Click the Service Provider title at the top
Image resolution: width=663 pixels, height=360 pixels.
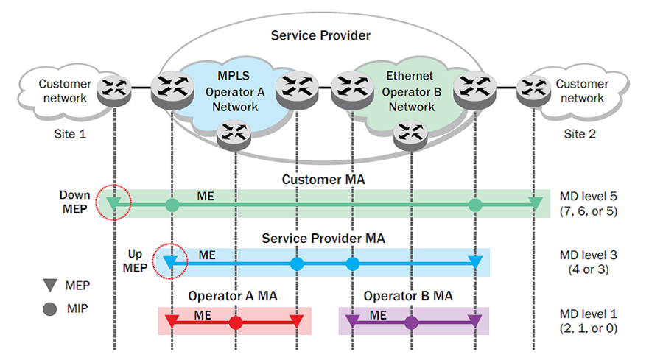[x=320, y=35]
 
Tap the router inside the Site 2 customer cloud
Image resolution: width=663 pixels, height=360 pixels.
[x=533, y=90]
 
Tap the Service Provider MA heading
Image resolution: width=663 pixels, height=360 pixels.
[x=323, y=239]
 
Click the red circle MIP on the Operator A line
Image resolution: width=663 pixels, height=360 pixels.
[x=236, y=322]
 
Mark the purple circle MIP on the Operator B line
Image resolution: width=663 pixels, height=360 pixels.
[x=411, y=322]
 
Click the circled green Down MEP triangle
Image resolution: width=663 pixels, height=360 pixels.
[x=113, y=204]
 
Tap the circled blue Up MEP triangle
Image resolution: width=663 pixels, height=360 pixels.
[x=170, y=263]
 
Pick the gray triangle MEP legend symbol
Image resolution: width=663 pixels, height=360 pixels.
[x=50, y=285]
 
